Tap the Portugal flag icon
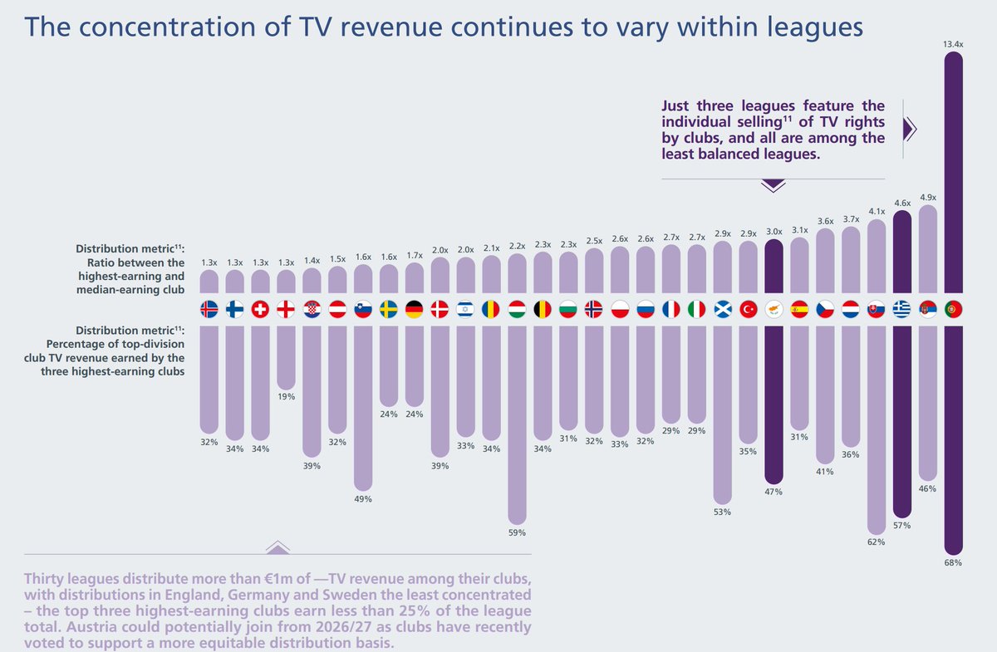(x=953, y=310)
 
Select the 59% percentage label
(x=517, y=532)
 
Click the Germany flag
(x=414, y=310)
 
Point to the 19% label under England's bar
(x=286, y=396)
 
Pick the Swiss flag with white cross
(x=260, y=310)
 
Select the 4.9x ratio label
(x=927, y=198)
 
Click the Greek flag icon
(x=901, y=310)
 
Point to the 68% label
(x=953, y=563)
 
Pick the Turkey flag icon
(x=748, y=310)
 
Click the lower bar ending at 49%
(x=363, y=407)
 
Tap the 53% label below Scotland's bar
(x=722, y=512)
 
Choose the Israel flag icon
(x=465, y=310)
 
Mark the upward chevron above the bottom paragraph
(x=277, y=547)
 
